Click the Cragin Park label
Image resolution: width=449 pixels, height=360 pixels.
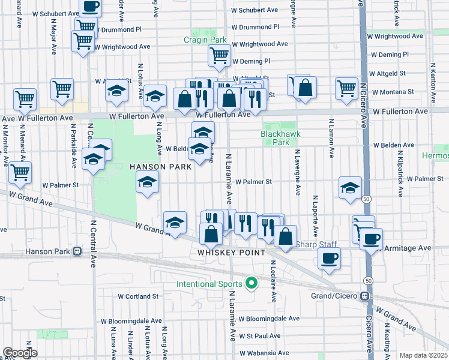click(205, 40)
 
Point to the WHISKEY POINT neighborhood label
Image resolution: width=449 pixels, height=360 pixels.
click(231, 253)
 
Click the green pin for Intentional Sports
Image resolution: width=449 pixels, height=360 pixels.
click(253, 283)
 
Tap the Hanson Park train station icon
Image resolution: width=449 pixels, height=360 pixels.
click(77, 252)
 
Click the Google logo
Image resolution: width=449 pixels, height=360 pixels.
click(20, 353)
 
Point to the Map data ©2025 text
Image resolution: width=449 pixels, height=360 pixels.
click(423, 355)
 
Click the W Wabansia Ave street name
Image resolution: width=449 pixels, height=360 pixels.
click(264, 353)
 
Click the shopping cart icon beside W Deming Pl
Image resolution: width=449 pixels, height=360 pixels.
click(220, 56)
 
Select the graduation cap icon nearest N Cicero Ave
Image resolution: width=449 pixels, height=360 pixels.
click(350, 188)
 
